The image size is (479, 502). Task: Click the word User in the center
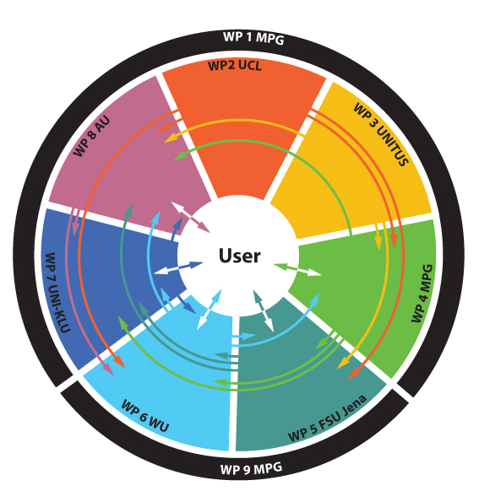[x=240, y=256]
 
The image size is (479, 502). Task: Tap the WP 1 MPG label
[x=253, y=38]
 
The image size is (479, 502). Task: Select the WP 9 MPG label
[x=251, y=469]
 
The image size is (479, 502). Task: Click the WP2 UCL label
[x=235, y=66]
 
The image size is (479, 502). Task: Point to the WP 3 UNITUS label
[x=381, y=134]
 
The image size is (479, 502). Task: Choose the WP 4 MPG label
[x=422, y=293]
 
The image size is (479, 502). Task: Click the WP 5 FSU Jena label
[x=327, y=418]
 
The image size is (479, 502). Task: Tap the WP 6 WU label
[x=145, y=416]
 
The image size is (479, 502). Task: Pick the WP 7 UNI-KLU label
[x=57, y=292]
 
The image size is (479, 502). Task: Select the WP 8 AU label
[x=92, y=136]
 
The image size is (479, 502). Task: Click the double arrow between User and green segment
[x=298, y=269]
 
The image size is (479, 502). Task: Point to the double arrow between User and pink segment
[x=190, y=217]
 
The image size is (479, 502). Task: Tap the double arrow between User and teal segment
[x=263, y=310]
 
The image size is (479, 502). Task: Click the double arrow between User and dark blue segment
[x=178, y=267]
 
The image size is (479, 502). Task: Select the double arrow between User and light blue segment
[x=209, y=310]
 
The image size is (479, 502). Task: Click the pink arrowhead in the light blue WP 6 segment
[x=108, y=369]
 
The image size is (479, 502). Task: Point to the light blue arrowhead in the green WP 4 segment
[x=315, y=298]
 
